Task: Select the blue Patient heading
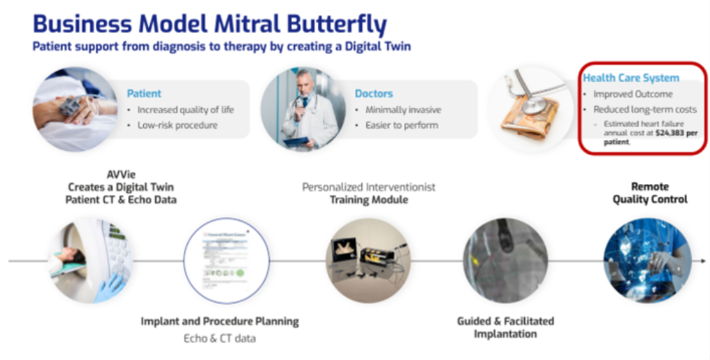coord(144,93)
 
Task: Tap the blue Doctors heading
coord(374,93)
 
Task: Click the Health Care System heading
coord(631,78)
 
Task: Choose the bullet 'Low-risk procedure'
coord(177,125)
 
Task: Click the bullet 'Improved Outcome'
coord(633,94)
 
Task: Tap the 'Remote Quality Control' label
coord(650,193)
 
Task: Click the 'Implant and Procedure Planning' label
coord(219,322)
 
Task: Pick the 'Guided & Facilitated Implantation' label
coord(505,327)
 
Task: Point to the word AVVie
coord(121,175)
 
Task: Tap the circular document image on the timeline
coord(226,260)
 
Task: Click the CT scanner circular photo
coord(89,260)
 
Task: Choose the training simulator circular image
coord(368,260)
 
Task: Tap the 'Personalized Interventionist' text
coord(368,187)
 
